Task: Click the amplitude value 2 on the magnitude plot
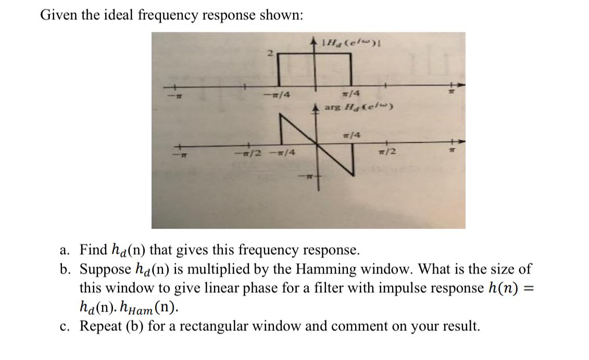tap(270, 53)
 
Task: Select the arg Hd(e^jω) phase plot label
tap(358, 107)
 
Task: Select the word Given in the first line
tap(57, 15)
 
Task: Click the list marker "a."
tap(65, 250)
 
